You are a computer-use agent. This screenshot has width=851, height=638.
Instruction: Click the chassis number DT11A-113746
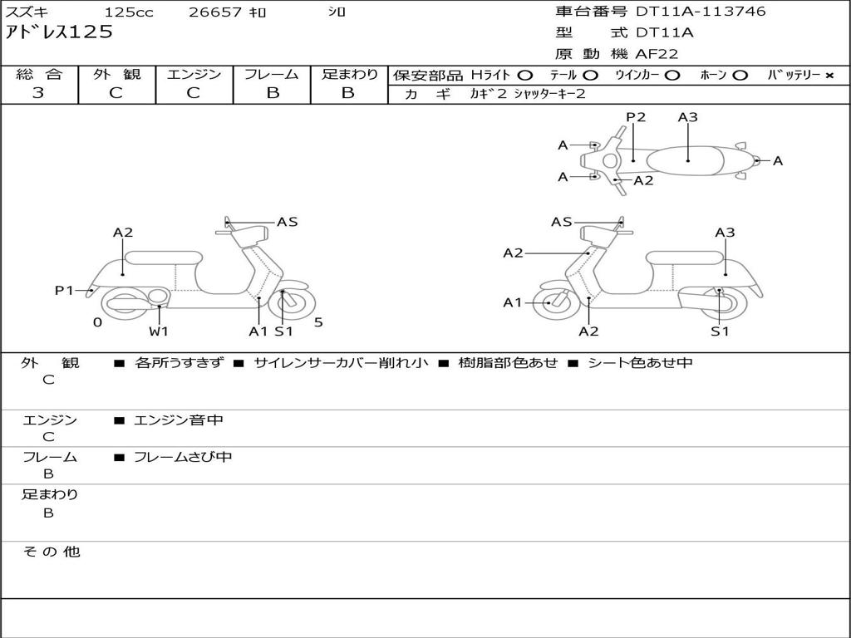click(x=701, y=12)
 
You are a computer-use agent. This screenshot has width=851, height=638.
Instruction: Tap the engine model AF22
click(x=657, y=54)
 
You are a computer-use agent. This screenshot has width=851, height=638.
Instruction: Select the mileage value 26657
click(x=215, y=12)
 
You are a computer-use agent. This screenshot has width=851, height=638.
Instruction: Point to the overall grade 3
click(x=38, y=93)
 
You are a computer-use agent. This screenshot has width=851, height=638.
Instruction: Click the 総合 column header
click(x=38, y=74)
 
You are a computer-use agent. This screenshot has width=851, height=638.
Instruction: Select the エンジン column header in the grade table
click(x=194, y=74)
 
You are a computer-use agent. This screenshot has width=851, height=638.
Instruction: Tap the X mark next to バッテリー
click(x=829, y=76)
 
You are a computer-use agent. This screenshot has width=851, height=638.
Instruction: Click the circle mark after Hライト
click(x=524, y=76)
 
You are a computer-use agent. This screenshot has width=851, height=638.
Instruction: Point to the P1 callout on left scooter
click(x=64, y=290)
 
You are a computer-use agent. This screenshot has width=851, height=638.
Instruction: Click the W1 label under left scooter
click(x=159, y=331)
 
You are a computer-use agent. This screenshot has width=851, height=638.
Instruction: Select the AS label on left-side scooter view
click(x=287, y=222)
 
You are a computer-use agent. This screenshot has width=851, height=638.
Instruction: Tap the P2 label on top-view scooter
click(x=636, y=117)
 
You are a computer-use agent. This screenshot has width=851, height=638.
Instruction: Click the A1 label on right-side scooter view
click(x=513, y=302)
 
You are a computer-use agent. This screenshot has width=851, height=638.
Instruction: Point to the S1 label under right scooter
click(x=720, y=331)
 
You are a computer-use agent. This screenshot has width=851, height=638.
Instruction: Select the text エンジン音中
click(x=179, y=420)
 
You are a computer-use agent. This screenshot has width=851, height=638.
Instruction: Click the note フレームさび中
click(x=183, y=457)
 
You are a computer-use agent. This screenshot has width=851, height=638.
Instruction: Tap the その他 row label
click(x=51, y=552)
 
